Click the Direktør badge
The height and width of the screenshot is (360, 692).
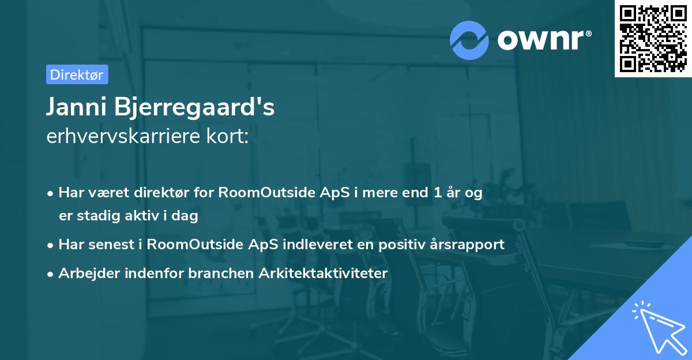pyautogui.click(x=77, y=74)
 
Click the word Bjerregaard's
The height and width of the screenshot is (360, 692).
pyautogui.click(x=194, y=108)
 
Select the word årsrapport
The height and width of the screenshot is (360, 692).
pyautogui.click(x=471, y=244)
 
